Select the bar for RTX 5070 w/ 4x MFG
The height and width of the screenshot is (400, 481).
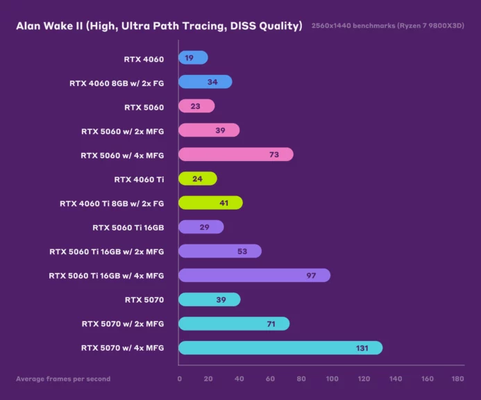pos(280,347)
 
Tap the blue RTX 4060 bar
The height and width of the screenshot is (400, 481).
pos(193,58)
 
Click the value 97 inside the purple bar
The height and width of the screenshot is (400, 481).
pos(311,276)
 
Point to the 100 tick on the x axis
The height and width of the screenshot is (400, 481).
pos(332,378)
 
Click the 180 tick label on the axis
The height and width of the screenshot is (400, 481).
pos(457,378)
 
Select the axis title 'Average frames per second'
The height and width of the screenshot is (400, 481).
pos(63,379)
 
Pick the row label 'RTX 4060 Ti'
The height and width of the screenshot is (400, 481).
pos(139,179)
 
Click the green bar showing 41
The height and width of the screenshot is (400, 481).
pos(210,203)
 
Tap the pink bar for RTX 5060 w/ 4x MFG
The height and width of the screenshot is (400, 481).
pos(235,155)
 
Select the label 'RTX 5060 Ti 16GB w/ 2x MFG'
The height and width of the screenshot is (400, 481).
pos(106,251)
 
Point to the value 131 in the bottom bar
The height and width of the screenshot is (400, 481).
pos(362,348)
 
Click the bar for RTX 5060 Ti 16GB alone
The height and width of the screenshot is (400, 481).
pos(201,227)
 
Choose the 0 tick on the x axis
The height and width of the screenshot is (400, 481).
pos(180,378)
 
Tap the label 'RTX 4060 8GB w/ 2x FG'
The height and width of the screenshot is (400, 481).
pos(117,83)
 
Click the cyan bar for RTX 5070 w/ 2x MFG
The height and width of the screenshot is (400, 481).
pos(233,324)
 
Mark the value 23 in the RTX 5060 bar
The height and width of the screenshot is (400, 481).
pos(195,107)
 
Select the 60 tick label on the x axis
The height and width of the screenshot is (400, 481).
pos(270,378)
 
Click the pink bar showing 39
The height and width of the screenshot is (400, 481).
pos(208,131)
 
